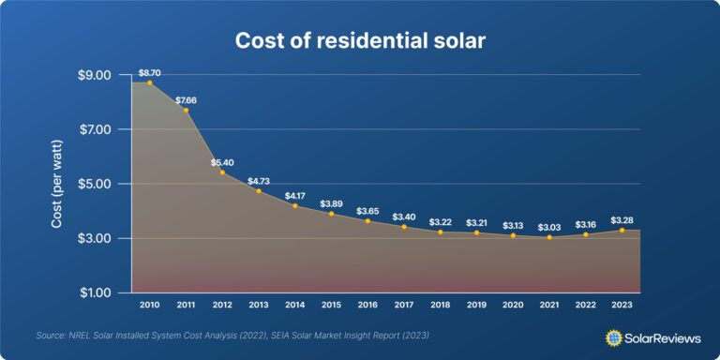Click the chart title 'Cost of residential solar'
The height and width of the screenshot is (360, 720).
click(x=360, y=42)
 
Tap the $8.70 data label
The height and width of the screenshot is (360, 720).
click(x=149, y=72)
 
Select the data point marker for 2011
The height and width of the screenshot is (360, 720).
click(x=186, y=111)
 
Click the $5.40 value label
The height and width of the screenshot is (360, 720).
click(x=221, y=161)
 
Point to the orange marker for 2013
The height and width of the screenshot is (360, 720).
click(x=259, y=190)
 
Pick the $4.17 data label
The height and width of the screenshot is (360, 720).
click(x=294, y=195)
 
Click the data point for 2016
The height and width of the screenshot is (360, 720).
click(x=367, y=220)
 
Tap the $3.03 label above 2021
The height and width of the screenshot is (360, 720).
click(x=549, y=228)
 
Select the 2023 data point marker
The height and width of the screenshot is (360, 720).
click(x=622, y=230)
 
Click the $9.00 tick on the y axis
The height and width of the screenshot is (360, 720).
click(x=94, y=75)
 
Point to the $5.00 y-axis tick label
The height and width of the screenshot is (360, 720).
click(x=94, y=184)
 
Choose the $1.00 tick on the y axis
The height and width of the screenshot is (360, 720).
click(x=94, y=293)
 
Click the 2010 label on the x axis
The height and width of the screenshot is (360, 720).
click(x=149, y=306)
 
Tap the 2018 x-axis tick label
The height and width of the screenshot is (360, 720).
click(x=440, y=306)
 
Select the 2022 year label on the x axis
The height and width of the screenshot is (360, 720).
click(x=585, y=306)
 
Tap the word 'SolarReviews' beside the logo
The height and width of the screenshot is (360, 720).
click(x=662, y=336)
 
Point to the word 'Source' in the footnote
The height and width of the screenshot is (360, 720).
click(x=51, y=336)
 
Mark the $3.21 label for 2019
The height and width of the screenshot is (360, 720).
click(x=476, y=222)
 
